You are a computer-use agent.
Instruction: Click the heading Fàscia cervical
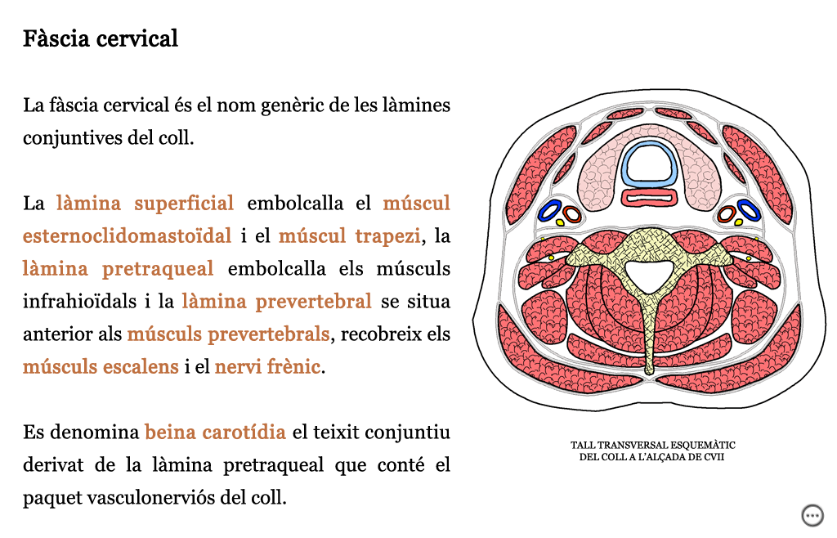101,39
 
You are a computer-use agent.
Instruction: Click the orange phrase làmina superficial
145,204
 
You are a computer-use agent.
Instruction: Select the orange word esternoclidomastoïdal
127,236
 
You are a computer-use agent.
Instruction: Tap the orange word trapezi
388,236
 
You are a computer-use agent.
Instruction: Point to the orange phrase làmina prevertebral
276,302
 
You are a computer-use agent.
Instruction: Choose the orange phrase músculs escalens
101,366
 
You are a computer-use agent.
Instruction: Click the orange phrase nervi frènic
268,366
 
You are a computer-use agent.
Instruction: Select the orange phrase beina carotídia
216,433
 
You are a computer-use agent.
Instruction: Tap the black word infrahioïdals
79,302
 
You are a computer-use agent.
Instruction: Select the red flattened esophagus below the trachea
650,197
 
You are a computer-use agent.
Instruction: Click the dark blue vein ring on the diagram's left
550,210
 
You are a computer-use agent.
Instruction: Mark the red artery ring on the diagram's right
726,214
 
